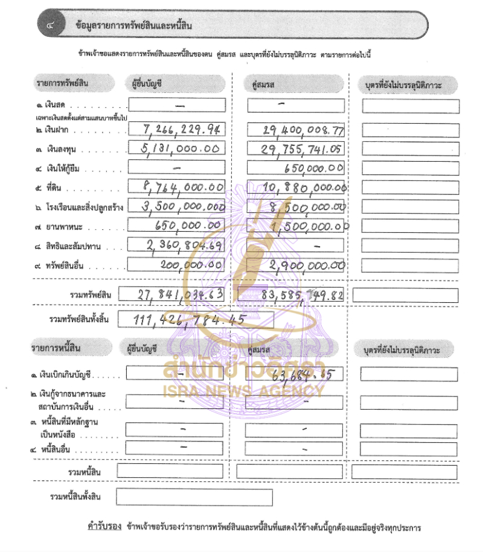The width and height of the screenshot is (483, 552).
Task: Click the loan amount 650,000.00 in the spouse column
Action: pos(314,168)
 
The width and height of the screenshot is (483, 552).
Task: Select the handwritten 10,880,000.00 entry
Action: pos(305,189)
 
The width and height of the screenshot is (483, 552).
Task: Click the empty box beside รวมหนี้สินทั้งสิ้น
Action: pos(194,497)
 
